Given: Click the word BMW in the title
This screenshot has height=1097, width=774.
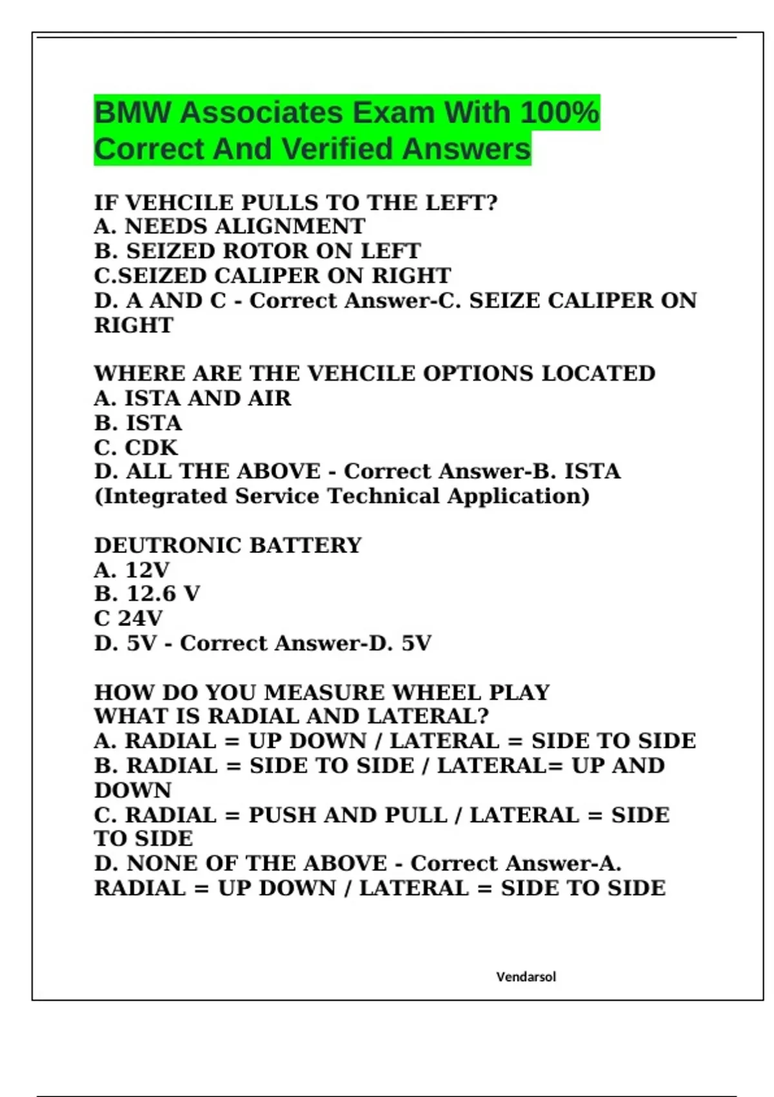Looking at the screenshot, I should pyautogui.click(x=132, y=113).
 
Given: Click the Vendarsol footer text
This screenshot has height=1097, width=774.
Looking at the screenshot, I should pyautogui.click(x=526, y=976).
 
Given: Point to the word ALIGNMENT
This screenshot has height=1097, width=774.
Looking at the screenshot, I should pyautogui.click(x=244, y=226).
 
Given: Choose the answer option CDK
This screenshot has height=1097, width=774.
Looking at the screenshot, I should pyautogui.click(x=151, y=448).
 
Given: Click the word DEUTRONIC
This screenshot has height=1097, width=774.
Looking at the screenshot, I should pyautogui.click(x=168, y=546).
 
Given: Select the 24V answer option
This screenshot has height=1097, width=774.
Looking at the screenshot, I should pyautogui.click(x=140, y=618).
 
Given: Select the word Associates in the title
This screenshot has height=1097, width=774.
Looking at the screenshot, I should pyautogui.click(x=262, y=113).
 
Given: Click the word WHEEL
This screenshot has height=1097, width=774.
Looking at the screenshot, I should pyautogui.click(x=437, y=692).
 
